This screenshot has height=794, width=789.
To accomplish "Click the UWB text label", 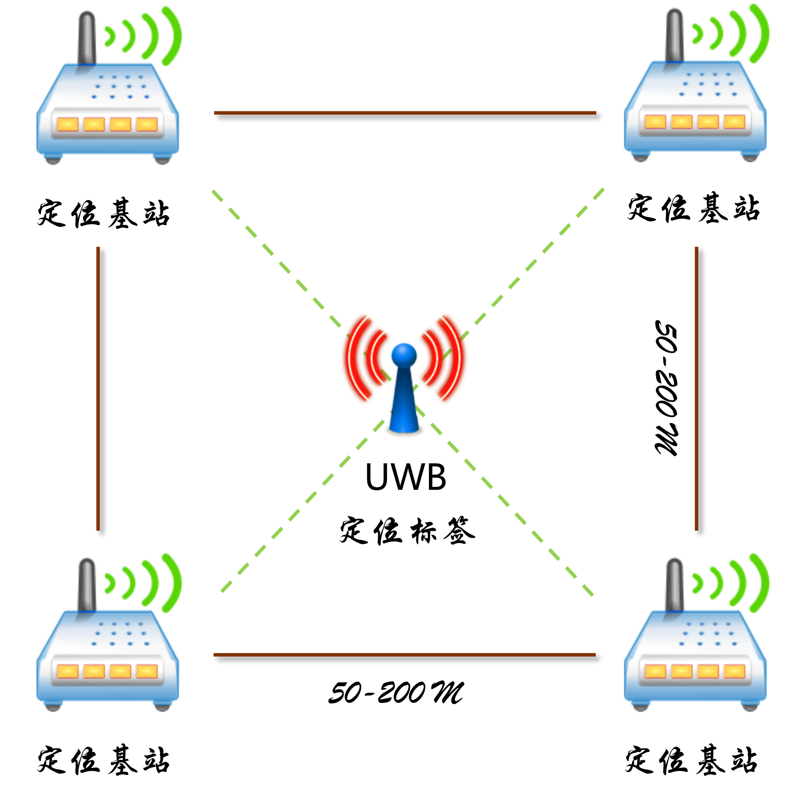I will point(405,477).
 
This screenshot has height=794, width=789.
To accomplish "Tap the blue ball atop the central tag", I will point(404,355).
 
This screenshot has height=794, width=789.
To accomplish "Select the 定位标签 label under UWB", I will point(407,530).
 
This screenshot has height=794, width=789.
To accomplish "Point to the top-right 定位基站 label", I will point(693,208).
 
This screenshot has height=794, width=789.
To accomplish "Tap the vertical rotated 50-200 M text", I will point(667,388).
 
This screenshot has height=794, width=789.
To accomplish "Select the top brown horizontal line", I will point(405,113).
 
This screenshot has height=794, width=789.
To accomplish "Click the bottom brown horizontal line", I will point(405,655).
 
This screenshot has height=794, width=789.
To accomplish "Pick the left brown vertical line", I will point(98,388).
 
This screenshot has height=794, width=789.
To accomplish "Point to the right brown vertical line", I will point(696,388).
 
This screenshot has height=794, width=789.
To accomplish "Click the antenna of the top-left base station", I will point(87,38).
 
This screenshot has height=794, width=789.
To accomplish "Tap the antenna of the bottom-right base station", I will point(674,584).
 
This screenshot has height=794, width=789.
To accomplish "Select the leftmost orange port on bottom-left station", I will point(67,671).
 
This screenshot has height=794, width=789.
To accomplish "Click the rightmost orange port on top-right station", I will point(734,122).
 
